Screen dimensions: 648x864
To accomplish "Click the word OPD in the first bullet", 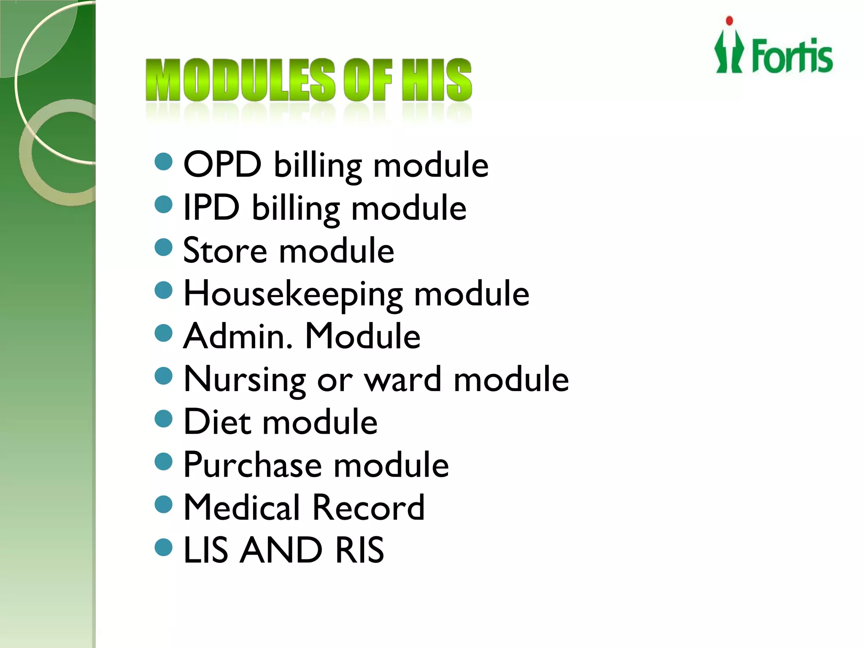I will point(222,164).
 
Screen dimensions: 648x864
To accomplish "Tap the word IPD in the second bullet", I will point(211,207).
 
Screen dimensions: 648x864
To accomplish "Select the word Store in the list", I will point(225,250).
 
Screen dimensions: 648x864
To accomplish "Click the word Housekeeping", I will point(293,294).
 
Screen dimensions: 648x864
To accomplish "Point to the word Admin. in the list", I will point(238,336).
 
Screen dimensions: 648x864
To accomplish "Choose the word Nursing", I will point(245,380).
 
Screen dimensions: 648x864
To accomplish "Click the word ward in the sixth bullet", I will point(403,379).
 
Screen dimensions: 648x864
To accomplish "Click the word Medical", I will point(242,507).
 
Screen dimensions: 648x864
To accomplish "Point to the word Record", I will point(368,507).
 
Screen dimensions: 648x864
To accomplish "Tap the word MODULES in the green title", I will point(240,80).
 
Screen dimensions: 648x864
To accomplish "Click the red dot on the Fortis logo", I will point(729,21).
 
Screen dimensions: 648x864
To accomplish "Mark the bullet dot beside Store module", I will point(164,247).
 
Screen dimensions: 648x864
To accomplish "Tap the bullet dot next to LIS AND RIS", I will point(164,547).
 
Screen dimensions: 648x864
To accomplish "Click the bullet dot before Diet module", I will point(164,418).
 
